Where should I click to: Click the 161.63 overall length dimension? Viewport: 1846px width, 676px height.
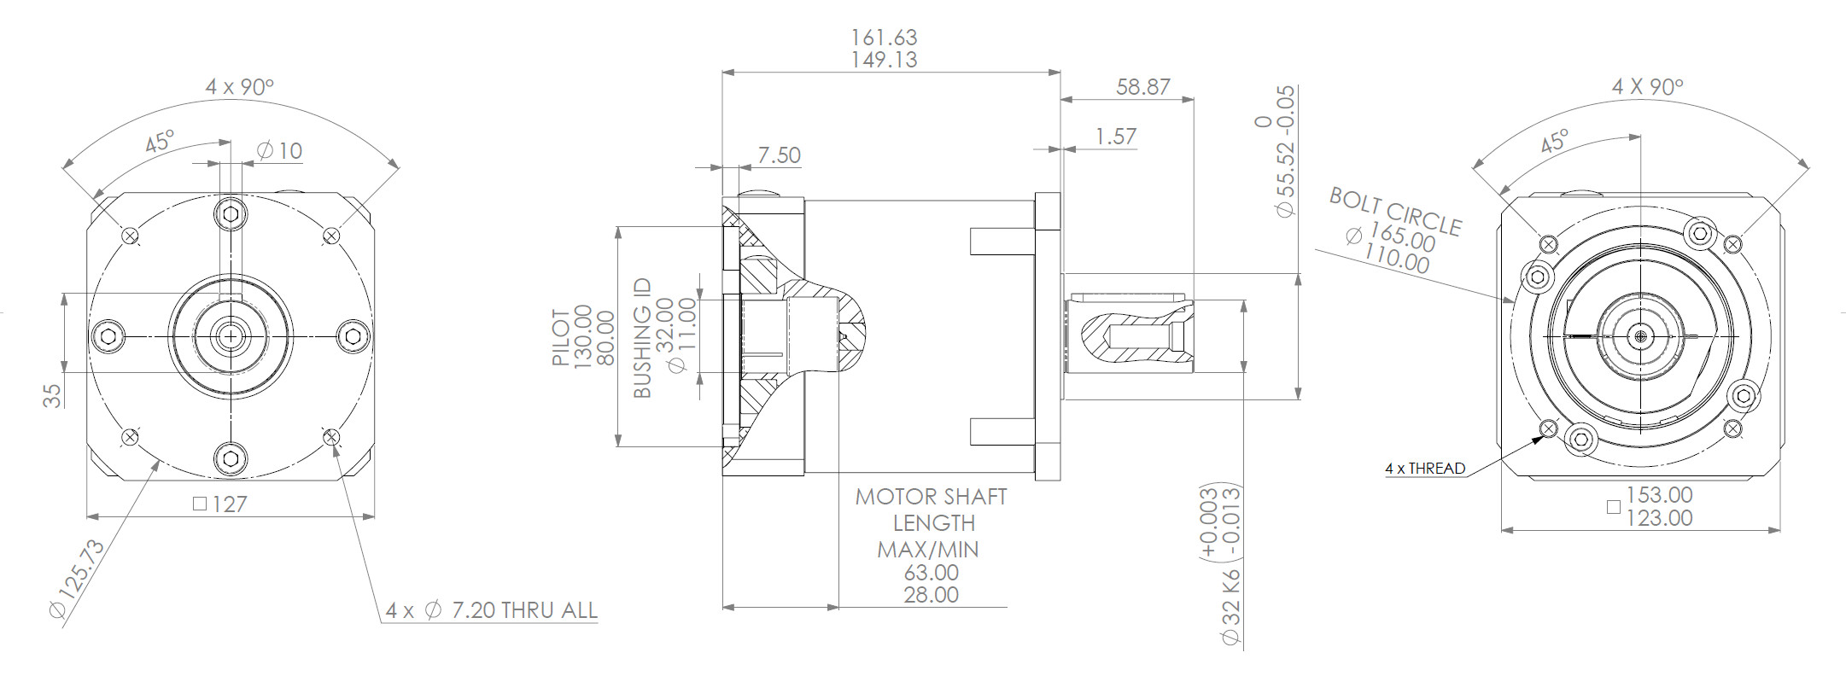(884, 38)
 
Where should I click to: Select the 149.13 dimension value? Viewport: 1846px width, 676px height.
(884, 60)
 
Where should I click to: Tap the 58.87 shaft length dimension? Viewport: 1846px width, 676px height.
(1142, 87)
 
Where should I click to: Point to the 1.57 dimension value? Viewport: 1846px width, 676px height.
(1115, 137)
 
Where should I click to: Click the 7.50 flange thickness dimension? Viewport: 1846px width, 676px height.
(779, 155)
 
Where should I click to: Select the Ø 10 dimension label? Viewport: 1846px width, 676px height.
(280, 151)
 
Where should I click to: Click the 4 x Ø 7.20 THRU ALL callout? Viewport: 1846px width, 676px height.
(491, 610)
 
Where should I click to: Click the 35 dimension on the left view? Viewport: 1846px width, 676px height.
(52, 395)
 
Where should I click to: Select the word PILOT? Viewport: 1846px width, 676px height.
(560, 337)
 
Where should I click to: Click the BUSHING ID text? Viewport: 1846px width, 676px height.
(642, 338)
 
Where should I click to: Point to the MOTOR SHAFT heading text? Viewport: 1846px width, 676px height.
(931, 497)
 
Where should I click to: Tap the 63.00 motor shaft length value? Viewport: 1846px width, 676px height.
(931, 573)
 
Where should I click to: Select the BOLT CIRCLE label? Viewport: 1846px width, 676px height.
(1395, 212)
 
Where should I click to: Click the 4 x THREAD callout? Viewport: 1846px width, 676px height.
(1424, 469)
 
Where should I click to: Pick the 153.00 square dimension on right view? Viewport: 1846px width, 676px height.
(1658, 495)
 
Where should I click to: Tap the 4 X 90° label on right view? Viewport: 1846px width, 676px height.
(1646, 87)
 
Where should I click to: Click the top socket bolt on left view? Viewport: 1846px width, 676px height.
(230, 213)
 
